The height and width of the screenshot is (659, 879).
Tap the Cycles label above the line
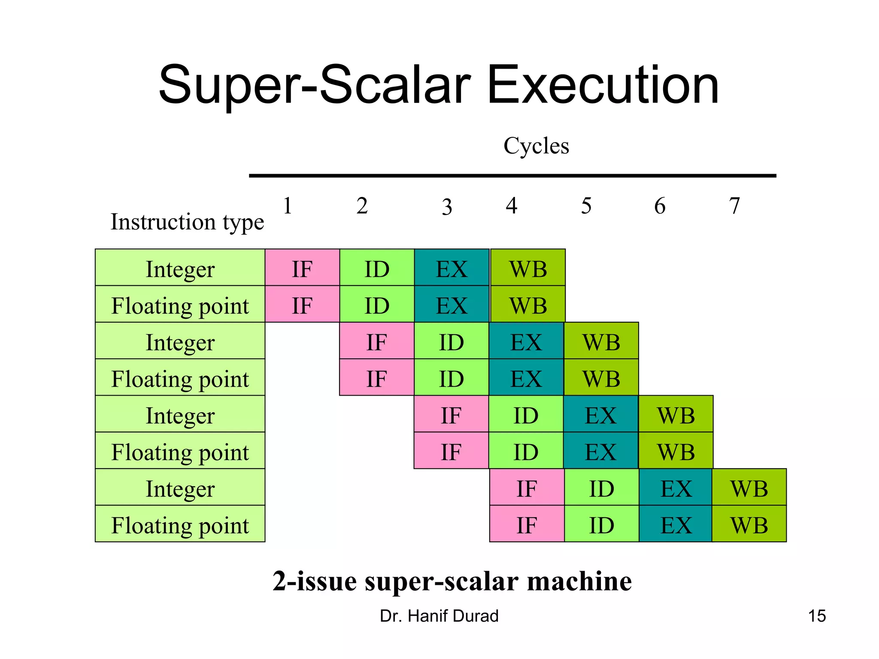pyautogui.click(x=536, y=145)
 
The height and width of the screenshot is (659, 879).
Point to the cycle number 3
pyautogui.click(x=447, y=207)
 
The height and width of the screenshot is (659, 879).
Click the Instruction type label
pyautogui.click(x=187, y=222)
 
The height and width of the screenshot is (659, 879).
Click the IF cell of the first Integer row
pyautogui.click(x=302, y=269)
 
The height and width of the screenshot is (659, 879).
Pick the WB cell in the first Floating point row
pyautogui.click(x=527, y=305)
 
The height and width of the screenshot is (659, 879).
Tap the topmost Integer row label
pyautogui.click(x=180, y=269)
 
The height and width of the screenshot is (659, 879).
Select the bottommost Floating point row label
pyautogui.click(x=180, y=525)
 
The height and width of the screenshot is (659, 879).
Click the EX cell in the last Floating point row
pyautogui.click(x=676, y=525)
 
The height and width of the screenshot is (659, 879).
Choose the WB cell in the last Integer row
pyautogui.click(x=749, y=488)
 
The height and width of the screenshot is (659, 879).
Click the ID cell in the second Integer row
pyautogui.click(x=451, y=342)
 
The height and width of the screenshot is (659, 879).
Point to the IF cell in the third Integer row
pyautogui.click(x=451, y=415)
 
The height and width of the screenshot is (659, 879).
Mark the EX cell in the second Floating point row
pyautogui.click(x=526, y=379)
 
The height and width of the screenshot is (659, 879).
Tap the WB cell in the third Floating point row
pyautogui.click(x=676, y=452)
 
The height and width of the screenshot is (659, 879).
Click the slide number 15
pyautogui.click(x=817, y=616)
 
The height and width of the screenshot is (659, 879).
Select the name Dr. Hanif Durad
pyautogui.click(x=439, y=616)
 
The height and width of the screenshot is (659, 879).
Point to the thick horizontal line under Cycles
pyautogui.click(x=512, y=175)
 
